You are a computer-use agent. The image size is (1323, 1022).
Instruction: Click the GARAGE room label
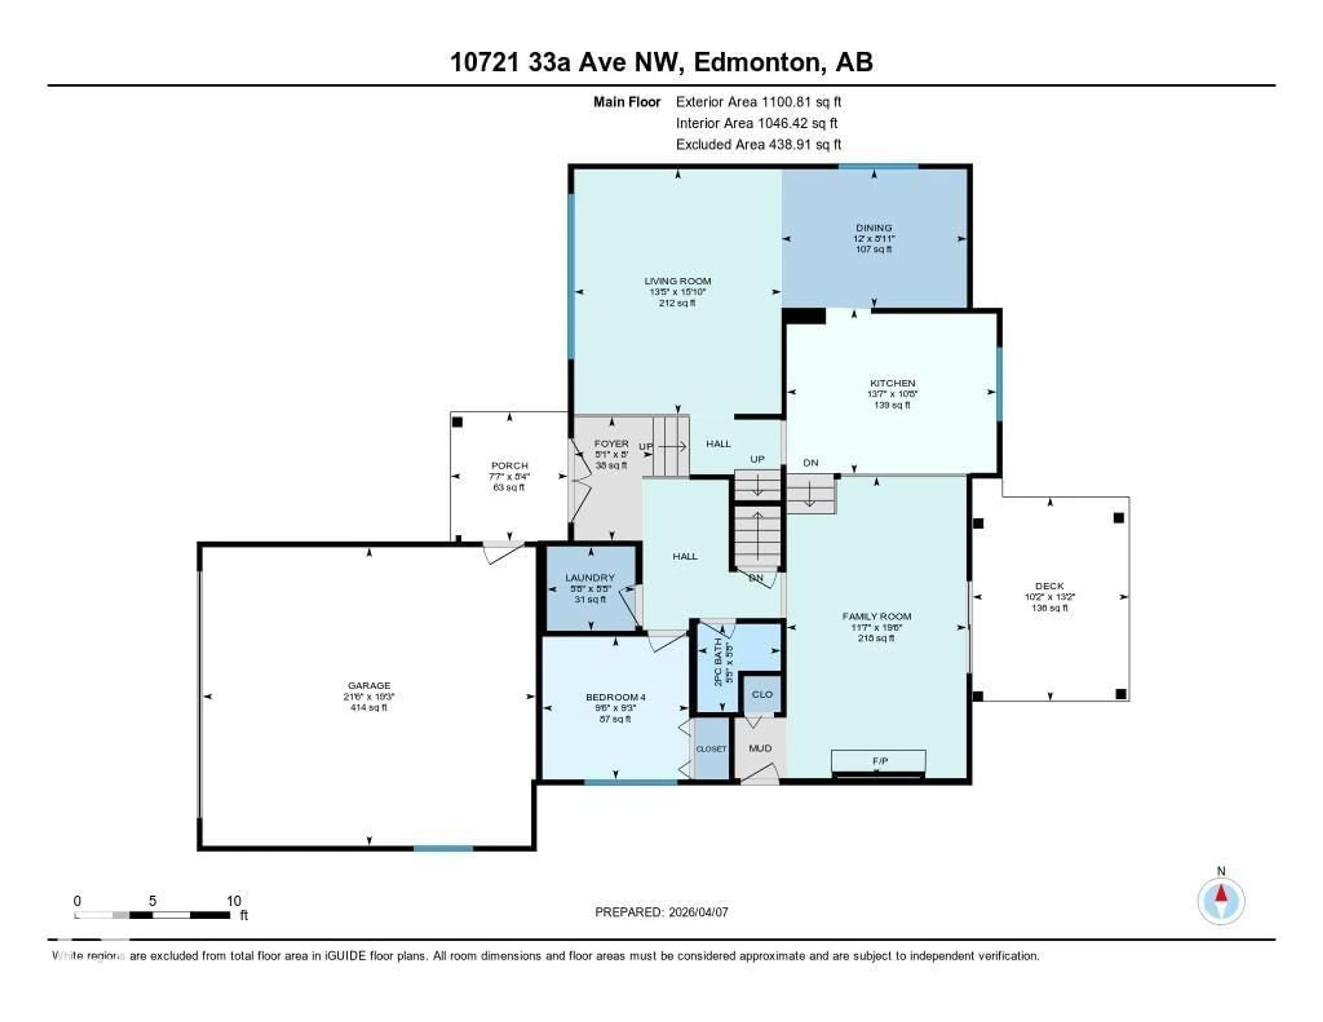tap(369, 685)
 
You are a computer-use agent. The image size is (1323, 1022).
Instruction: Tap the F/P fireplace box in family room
tap(879, 761)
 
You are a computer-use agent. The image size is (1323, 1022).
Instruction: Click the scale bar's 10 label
tap(234, 901)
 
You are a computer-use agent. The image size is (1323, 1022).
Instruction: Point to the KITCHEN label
tap(892, 383)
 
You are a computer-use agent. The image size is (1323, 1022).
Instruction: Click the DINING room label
tap(873, 228)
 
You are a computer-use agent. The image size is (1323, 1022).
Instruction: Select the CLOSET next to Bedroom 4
tap(710, 749)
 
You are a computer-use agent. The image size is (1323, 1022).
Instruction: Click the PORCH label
tap(510, 465)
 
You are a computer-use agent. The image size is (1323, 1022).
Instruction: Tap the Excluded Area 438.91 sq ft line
tap(758, 144)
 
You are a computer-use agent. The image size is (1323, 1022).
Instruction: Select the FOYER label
tap(611, 443)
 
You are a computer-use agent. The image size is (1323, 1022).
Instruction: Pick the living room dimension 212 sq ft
tap(677, 303)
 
